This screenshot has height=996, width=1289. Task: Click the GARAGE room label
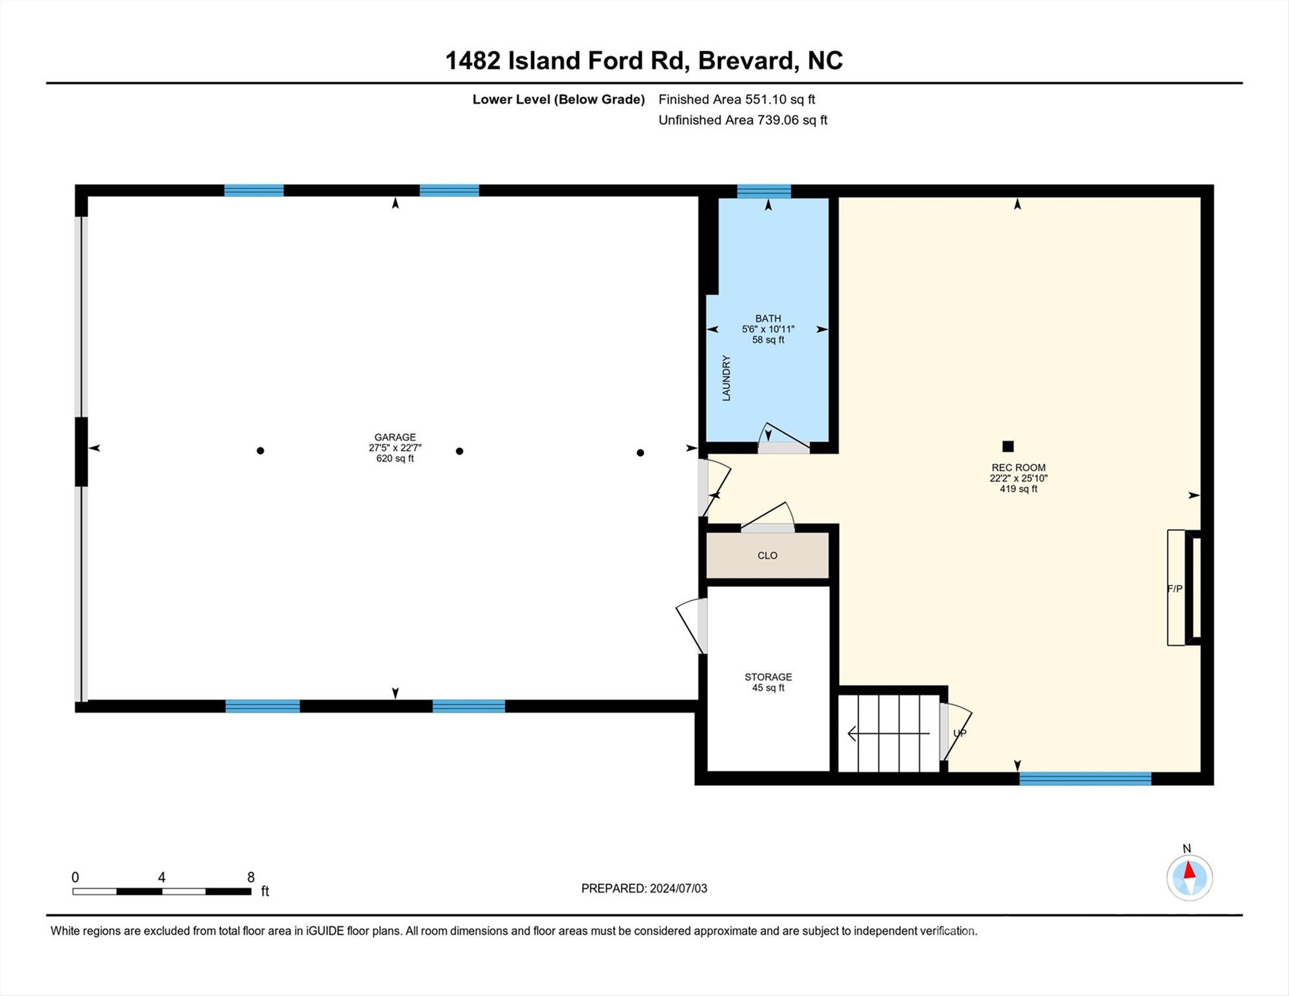[395, 437]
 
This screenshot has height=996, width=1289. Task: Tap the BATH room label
[768, 318]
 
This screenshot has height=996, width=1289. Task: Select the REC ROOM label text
[1018, 468]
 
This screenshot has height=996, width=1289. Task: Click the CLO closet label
[767, 556]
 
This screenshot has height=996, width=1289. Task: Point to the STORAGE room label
[768, 677]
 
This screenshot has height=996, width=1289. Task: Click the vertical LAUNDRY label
[726, 378]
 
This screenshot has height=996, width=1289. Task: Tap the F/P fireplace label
[1175, 589]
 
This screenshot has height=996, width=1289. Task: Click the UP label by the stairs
[960, 733]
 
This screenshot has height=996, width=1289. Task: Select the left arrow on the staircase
[889, 733]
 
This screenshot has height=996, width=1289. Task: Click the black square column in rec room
[1008, 446]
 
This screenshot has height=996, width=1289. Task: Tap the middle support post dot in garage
[459, 451]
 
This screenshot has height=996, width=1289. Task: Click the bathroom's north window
[764, 191]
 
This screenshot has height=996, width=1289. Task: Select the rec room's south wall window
[1085, 779]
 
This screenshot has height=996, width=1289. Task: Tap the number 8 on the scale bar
[251, 877]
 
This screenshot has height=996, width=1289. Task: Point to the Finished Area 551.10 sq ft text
[737, 99]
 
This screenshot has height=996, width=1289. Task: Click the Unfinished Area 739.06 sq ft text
[742, 120]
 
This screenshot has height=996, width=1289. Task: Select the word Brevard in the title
[746, 60]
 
